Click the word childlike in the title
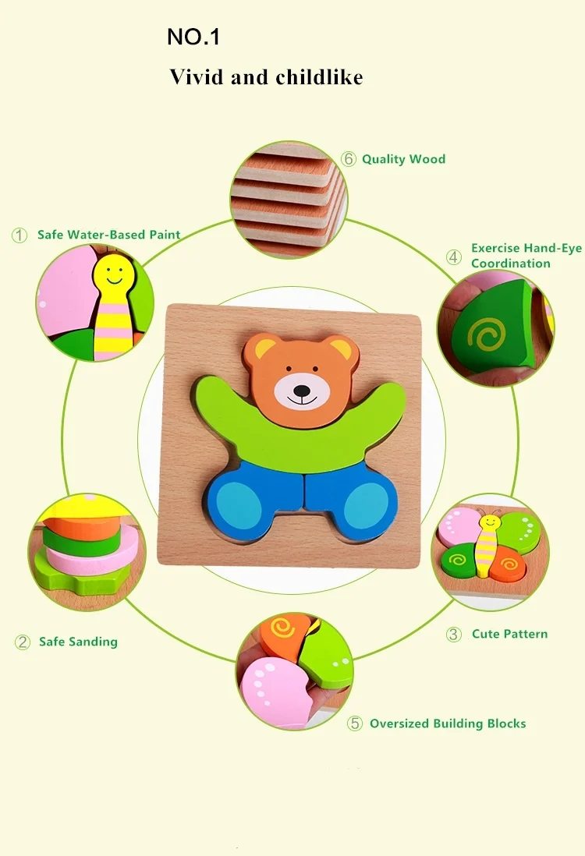319,77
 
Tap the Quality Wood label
403,159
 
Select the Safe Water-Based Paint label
108,234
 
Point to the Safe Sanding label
78,642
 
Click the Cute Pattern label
509,634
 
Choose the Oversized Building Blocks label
448,723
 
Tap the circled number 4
454,256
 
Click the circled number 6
349,159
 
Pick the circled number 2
23,642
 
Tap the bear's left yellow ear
265,348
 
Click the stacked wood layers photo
289,201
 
